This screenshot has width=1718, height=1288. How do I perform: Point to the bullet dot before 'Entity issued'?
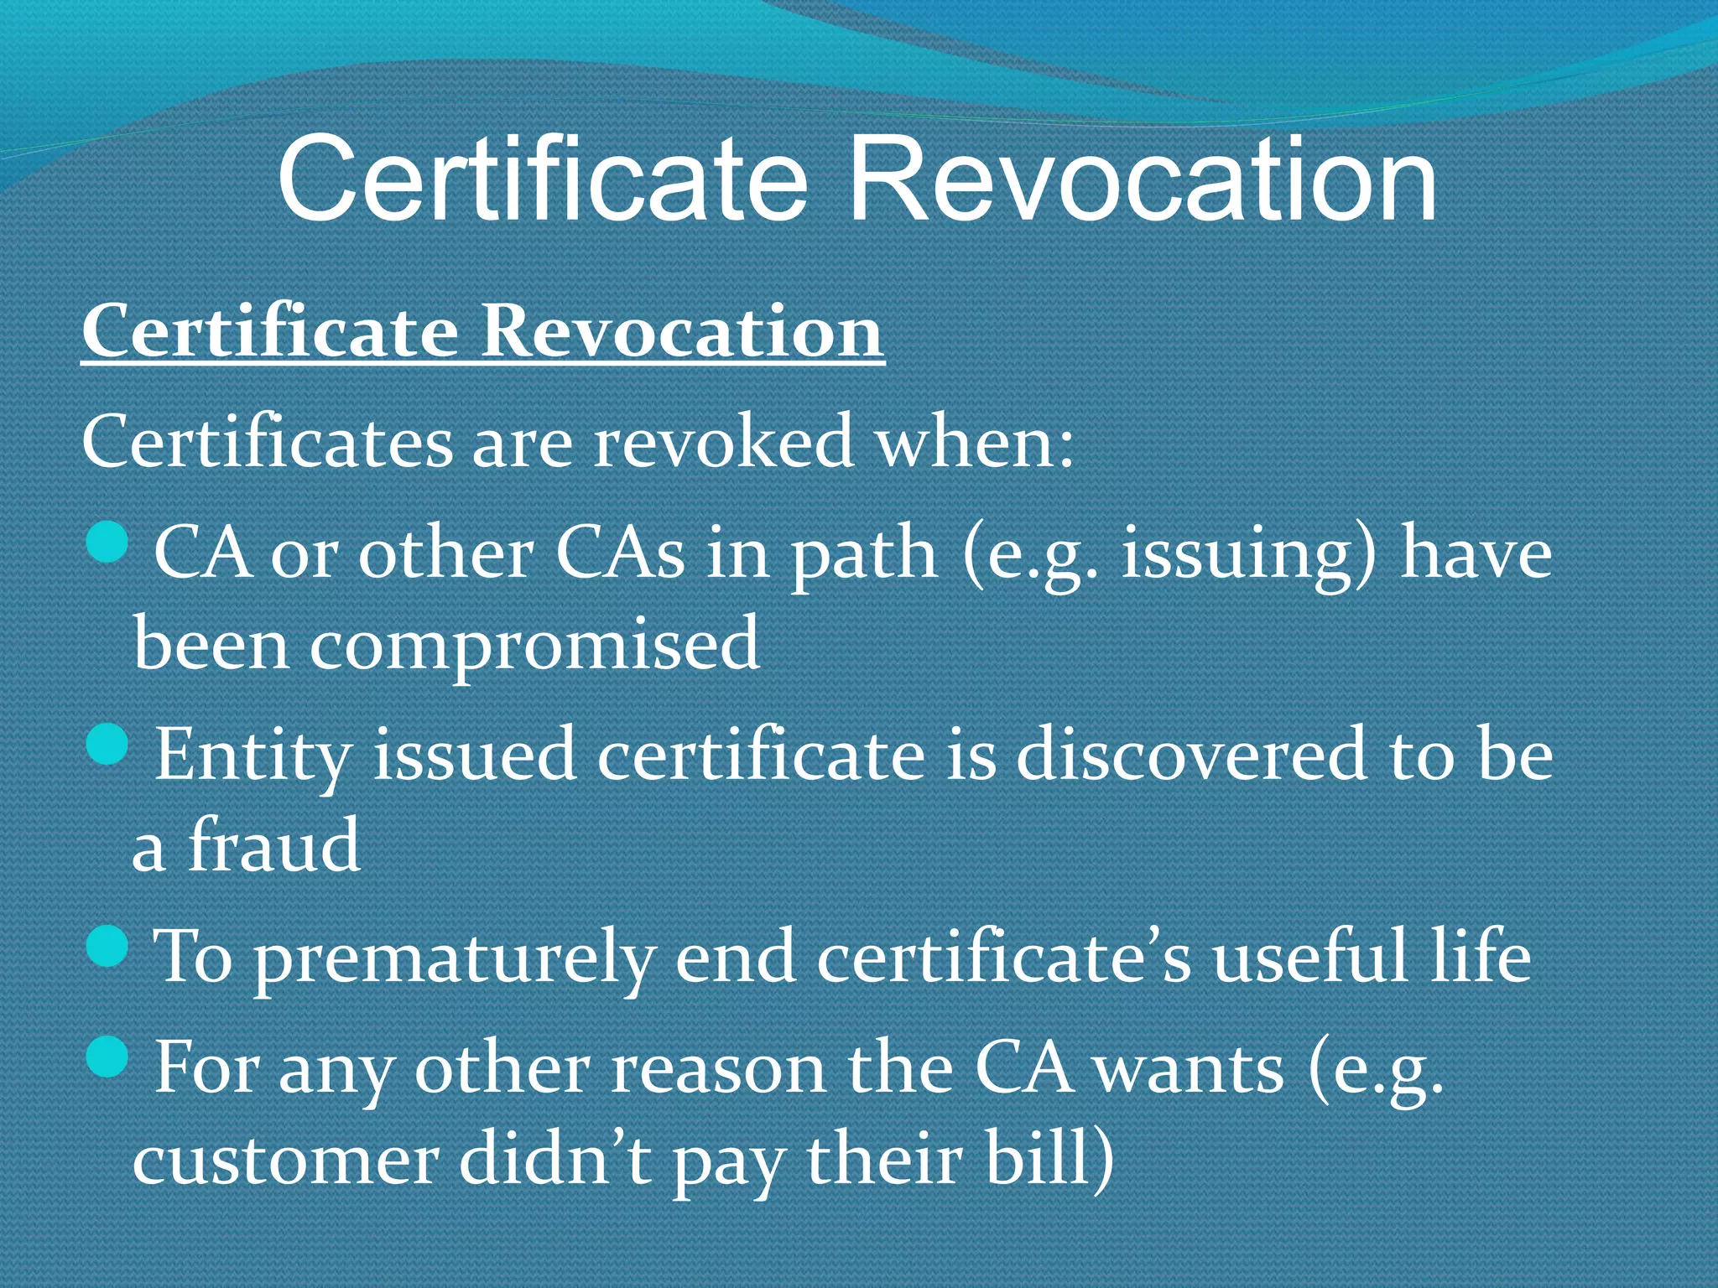click(x=107, y=742)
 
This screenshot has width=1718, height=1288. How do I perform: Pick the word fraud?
click(x=273, y=845)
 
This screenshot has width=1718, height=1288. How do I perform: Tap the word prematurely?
click(x=454, y=958)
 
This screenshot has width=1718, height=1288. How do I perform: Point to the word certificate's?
click(x=1003, y=957)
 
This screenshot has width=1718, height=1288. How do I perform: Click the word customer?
click(x=286, y=1161)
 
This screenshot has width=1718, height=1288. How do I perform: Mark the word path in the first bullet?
click(x=865, y=555)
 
